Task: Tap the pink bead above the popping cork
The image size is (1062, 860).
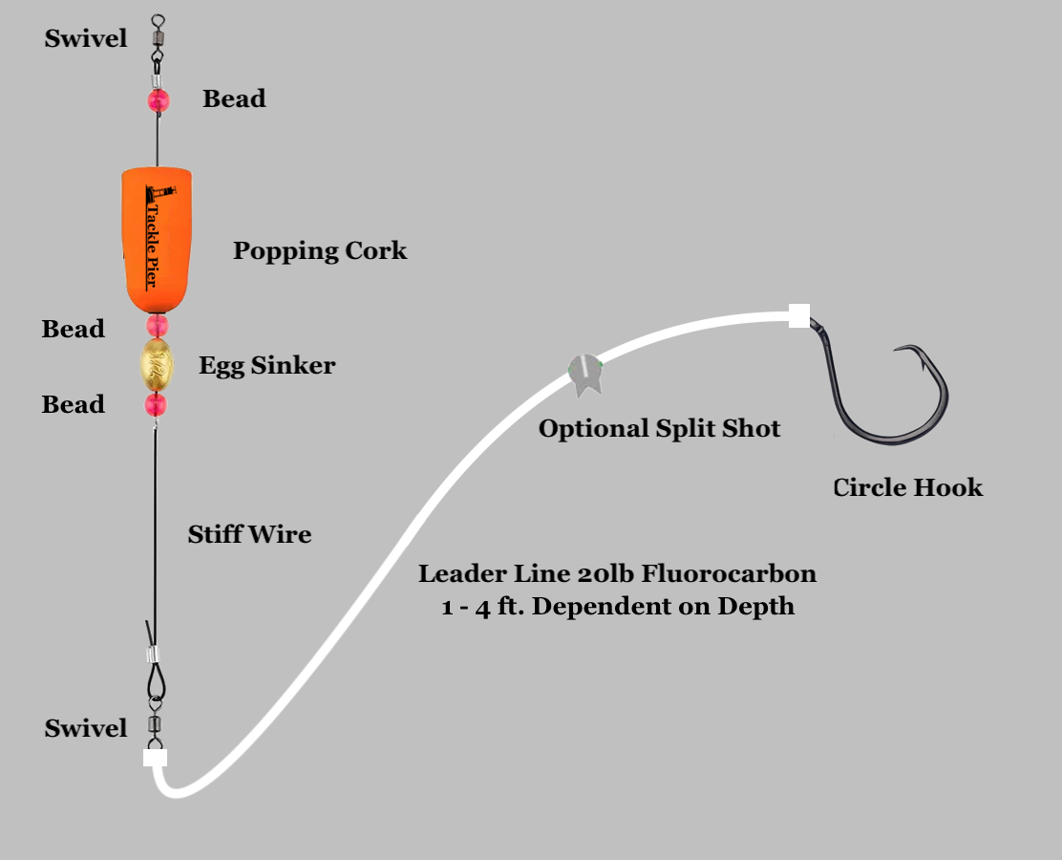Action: coord(159,99)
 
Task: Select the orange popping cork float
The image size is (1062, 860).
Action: coord(158,239)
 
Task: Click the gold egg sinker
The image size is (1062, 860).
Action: coord(158,363)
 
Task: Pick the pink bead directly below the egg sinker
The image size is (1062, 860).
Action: coord(157,405)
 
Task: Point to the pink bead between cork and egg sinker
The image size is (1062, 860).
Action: coord(158,325)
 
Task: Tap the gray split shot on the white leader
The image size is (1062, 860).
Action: coord(584,374)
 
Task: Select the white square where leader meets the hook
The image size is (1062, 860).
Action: coord(799,315)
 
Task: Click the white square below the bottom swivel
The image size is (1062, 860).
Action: coord(156,758)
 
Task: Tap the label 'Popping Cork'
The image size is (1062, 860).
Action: coord(320,251)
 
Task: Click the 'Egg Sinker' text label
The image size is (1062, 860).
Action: coord(266,365)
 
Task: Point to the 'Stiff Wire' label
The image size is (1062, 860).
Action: coord(249,534)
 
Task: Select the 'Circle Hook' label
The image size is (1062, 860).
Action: coord(907,487)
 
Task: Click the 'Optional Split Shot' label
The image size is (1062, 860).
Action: coord(659,429)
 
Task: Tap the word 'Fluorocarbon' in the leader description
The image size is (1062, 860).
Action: coord(730,574)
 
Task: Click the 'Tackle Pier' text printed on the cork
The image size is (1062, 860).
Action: coord(150,239)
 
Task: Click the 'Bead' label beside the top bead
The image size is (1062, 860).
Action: coord(234,98)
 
